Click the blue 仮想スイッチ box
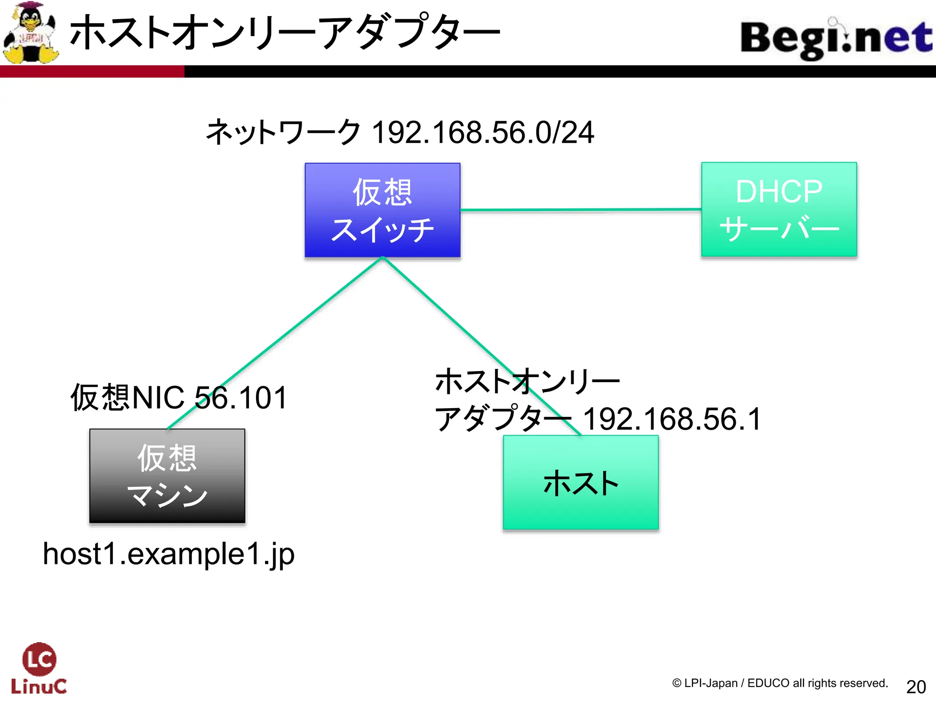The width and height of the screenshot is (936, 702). [383, 210]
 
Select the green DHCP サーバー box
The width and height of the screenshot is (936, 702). [779, 209]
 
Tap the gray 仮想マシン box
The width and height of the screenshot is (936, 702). [167, 476]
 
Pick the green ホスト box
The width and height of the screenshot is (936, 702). [580, 483]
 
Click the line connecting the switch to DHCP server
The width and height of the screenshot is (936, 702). [580, 210]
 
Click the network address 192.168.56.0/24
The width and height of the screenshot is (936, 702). [483, 133]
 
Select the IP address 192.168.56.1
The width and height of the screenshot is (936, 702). [672, 419]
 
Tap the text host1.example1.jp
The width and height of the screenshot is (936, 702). [169, 554]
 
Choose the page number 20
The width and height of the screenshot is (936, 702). [916, 686]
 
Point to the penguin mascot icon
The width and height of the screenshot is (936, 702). [31, 33]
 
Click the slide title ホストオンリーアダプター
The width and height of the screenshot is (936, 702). [285, 32]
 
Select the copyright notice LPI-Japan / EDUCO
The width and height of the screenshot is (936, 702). [780, 683]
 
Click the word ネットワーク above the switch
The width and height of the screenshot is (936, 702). [283, 133]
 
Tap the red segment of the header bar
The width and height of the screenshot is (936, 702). [91, 71]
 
